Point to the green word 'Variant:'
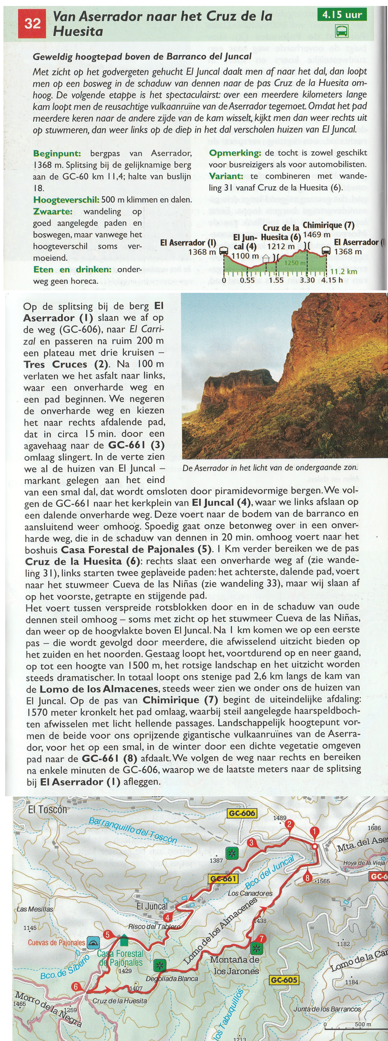tap(226, 176)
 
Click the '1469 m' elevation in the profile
tap(317, 234)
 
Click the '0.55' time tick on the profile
tap(247, 280)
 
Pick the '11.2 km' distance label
tap(344, 271)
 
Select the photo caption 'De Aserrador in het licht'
tap(270, 468)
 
